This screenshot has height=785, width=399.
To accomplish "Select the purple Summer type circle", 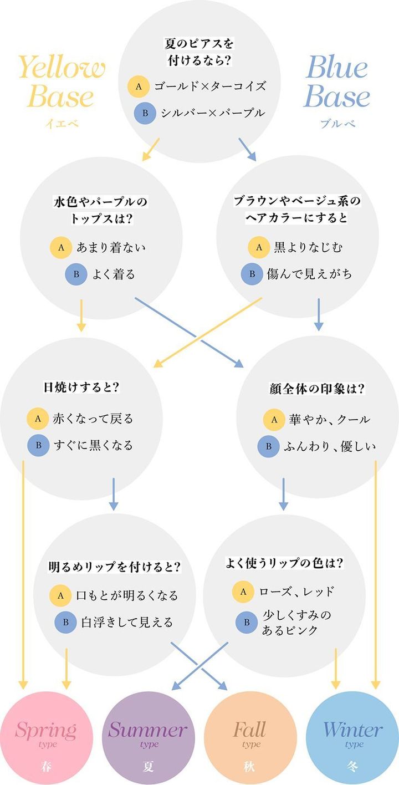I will [148, 737].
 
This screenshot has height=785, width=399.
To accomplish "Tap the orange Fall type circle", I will [249, 737].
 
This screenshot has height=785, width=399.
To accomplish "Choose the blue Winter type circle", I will [352, 737].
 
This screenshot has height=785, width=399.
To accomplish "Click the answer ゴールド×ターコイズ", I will [210, 86].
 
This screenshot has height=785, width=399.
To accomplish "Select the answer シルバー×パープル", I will [213, 113].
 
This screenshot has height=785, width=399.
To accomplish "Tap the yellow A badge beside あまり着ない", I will [60, 248].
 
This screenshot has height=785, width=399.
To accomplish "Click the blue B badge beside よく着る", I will [76, 274].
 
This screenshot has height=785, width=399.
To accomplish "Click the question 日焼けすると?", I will [81, 387].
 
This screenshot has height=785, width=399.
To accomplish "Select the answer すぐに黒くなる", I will [93, 445].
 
